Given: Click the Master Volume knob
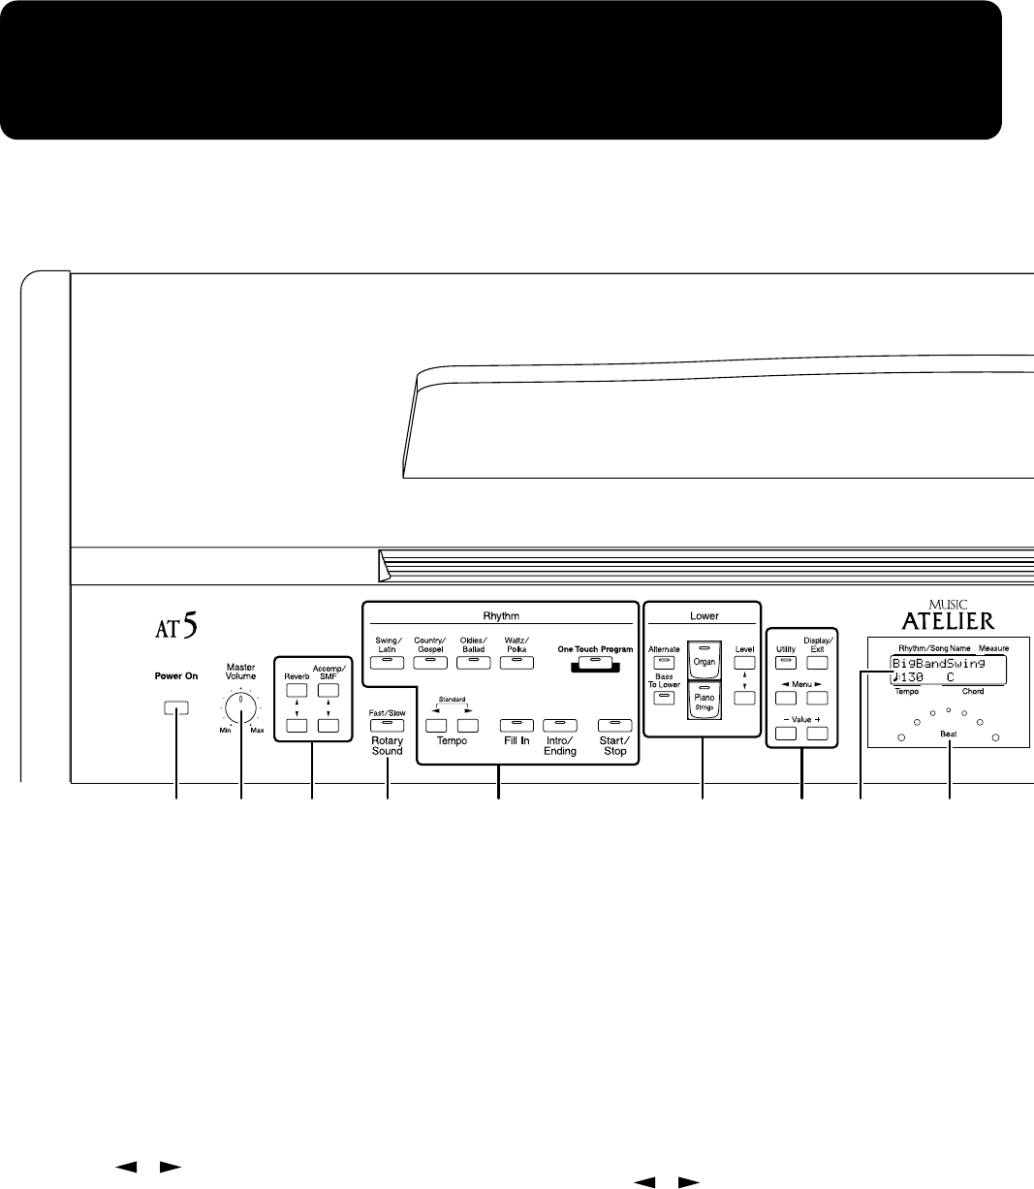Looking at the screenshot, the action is pos(240,707).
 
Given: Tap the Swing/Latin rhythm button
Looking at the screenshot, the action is pos(386,662).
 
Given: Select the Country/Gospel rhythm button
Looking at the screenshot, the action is pos(428,662).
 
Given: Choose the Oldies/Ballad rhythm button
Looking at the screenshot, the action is pos(473,662).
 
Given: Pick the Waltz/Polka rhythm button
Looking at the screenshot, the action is pos(517,662).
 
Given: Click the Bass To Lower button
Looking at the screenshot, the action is pos(664,697).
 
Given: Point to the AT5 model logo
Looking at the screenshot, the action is pos(177,629).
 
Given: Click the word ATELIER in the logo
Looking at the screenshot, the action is pos(949,621).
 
